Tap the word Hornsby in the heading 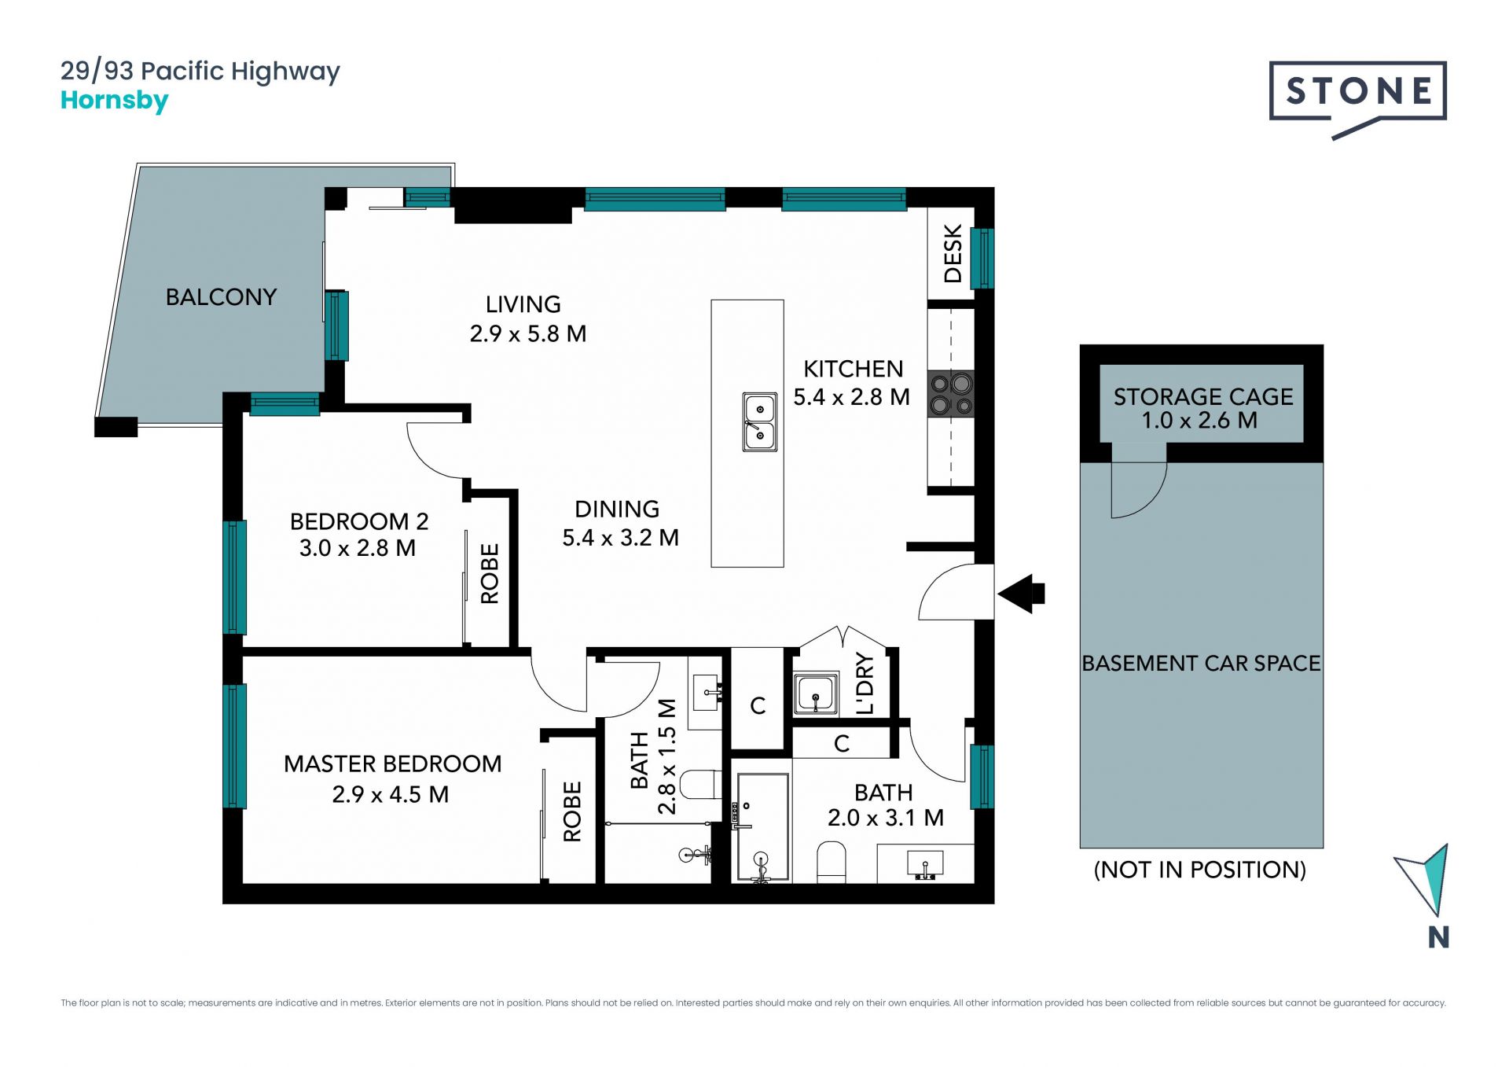click(x=115, y=101)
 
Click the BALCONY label click(x=221, y=297)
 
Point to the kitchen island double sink click(x=760, y=422)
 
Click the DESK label click(x=953, y=253)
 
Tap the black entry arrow click(x=1021, y=594)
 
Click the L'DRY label click(x=865, y=683)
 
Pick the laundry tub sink click(x=816, y=694)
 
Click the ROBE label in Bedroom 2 click(x=490, y=574)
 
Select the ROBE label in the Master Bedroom click(x=572, y=811)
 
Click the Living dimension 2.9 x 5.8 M click(x=528, y=334)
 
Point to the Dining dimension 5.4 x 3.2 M click(x=620, y=538)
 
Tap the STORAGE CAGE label click(x=1203, y=397)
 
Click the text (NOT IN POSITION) click(x=1200, y=870)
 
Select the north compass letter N click(x=1438, y=937)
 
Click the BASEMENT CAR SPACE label click(x=1201, y=664)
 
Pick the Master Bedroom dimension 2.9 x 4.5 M click(x=391, y=795)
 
